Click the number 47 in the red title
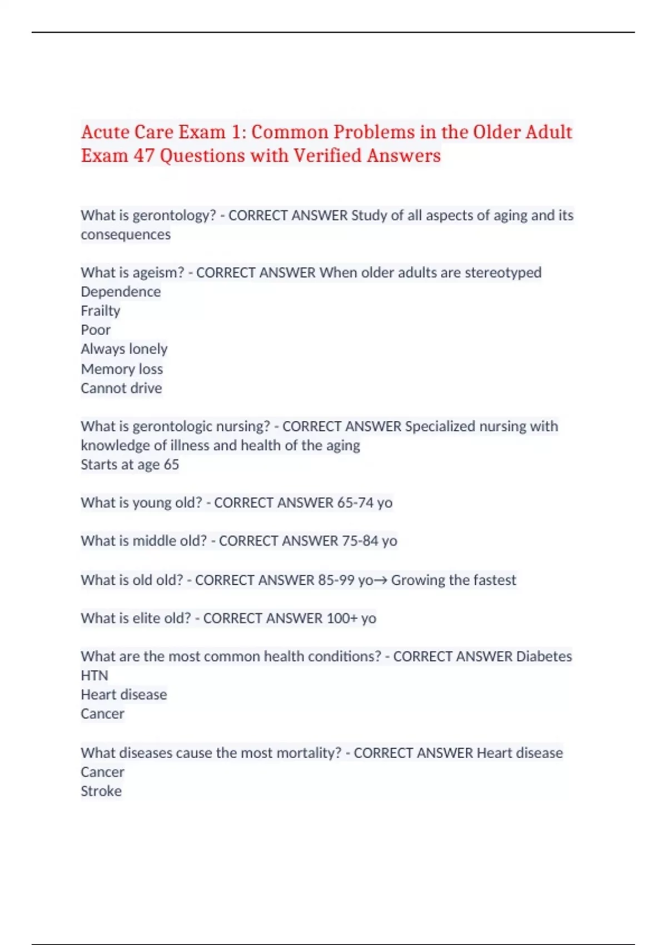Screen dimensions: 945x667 tap(144, 156)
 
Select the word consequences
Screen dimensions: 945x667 tap(126, 235)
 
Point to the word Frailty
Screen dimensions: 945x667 tap(101, 311)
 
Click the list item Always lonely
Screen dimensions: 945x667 tap(124, 349)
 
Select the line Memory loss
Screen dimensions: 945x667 tap(122, 369)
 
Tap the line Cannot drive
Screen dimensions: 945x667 tap(121, 388)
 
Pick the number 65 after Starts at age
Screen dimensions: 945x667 tap(171, 465)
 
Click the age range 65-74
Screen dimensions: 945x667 tap(355, 503)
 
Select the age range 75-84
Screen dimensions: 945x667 tap(360, 541)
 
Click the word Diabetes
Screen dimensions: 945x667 tap(544, 656)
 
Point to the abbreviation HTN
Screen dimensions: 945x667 tap(94, 675)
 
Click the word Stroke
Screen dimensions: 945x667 tap(101, 791)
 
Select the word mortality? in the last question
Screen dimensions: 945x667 tap(309, 753)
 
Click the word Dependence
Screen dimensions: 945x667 tap(121, 292)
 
